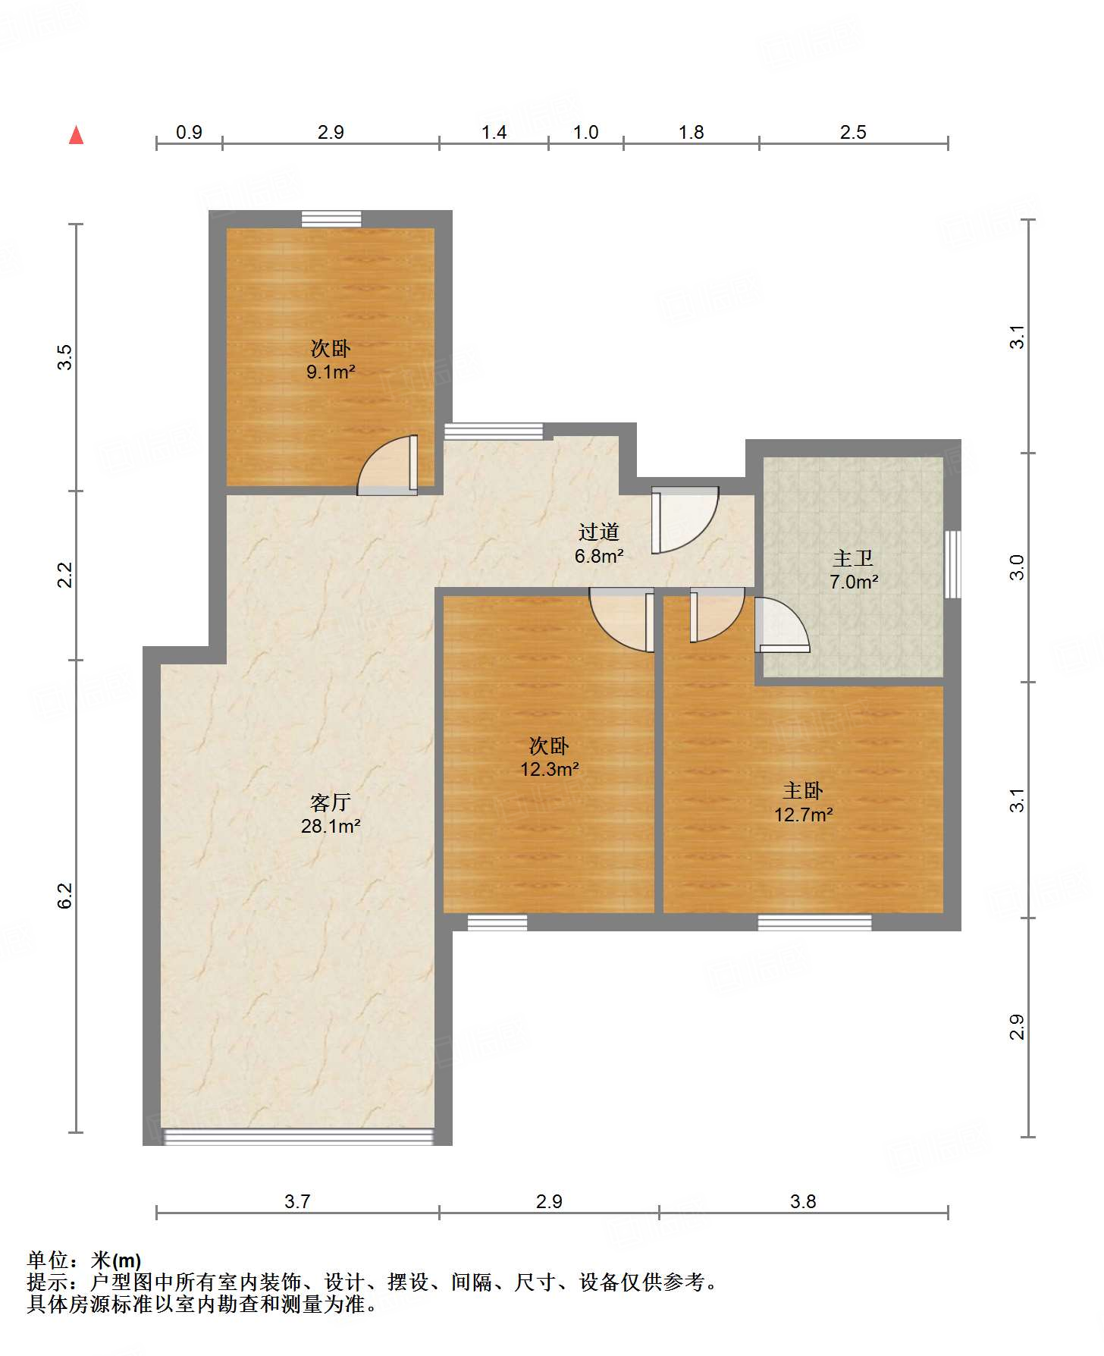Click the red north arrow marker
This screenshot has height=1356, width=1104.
[76, 135]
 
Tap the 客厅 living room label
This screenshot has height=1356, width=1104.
[331, 802]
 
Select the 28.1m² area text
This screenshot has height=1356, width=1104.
[331, 826]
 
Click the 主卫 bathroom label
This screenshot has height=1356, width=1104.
[853, 559]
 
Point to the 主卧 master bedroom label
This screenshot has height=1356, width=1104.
[803, 791]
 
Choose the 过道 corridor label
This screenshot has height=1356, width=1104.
[599, 532]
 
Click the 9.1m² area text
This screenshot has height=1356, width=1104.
[331, 372]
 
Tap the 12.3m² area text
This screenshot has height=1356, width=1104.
[550, 769]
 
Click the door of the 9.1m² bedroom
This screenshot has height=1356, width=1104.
[387, 465]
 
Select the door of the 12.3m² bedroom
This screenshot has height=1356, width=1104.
[622, 619]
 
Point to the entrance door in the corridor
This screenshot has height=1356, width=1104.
[684, 519]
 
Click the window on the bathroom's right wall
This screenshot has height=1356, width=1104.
[953, 564]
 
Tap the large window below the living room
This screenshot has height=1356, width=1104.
[298, 1137]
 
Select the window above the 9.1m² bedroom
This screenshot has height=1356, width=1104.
[331, 218]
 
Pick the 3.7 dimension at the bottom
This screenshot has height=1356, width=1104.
[297, 1201]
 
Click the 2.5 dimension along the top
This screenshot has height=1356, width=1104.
[853, 132]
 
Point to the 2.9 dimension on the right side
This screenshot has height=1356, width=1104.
[1017, 1027]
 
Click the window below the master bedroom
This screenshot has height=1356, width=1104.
[814, 922]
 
